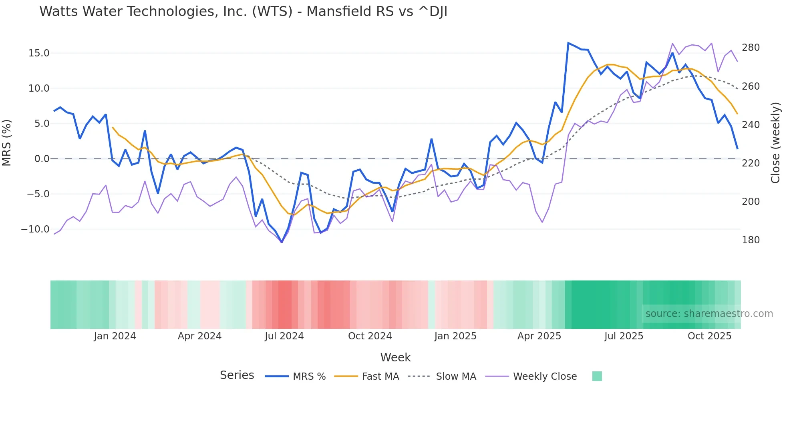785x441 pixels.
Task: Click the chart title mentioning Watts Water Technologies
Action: click(x=243, y=12)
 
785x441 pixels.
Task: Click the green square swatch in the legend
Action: click(x=597, y=376)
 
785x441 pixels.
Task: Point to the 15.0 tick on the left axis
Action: click(x=39, y=53)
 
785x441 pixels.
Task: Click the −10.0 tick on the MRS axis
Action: click(x=35, y=229)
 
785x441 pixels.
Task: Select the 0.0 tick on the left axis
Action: click(x=42, y=159)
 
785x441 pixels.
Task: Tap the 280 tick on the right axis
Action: click(x=751, y=48)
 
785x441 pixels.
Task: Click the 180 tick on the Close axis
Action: click(x=751, y=240)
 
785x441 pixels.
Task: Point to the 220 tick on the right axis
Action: click(x=751, y=163)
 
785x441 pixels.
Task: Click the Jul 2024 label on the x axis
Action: click(x=284, y=336)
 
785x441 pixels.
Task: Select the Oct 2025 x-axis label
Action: click(x=709, y=336)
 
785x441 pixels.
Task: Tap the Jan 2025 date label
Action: click(x=455, y=336)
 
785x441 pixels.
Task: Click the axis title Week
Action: click(x=395, y=357)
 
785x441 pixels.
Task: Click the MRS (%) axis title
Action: click(x=7, y=143)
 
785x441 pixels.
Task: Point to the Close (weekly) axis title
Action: click(x=776, y=143)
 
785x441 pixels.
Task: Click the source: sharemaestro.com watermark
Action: click(x=709, y=314)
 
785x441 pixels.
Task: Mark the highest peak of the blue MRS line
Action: click(x=568, y=43)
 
